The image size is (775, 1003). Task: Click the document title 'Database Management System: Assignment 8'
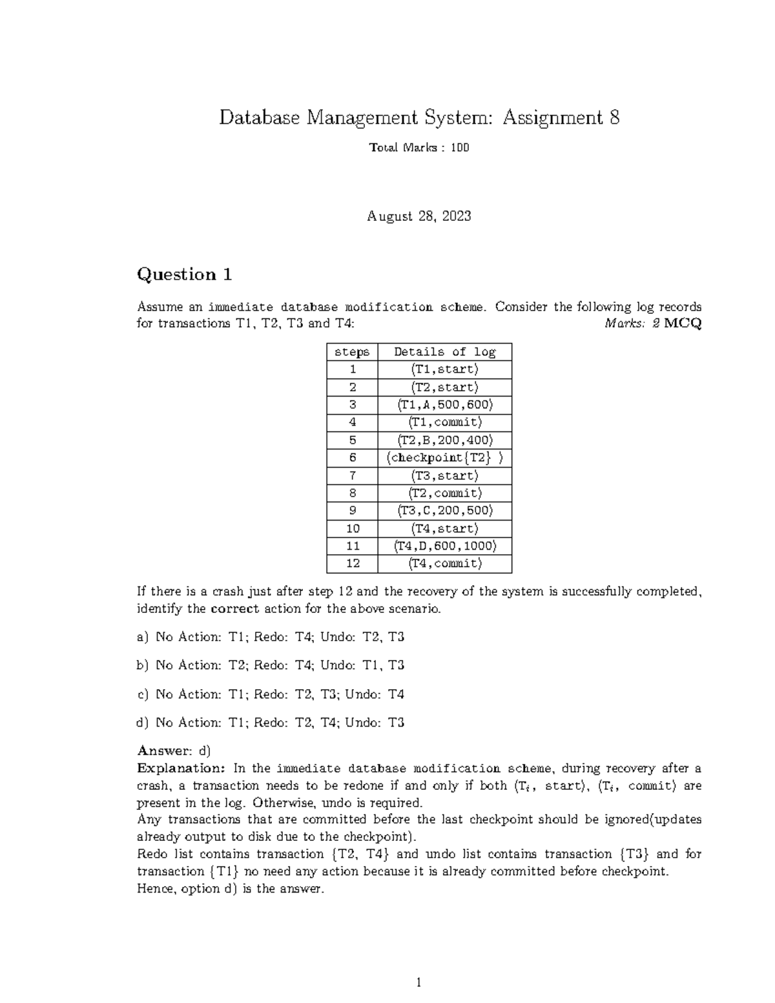(419, 118)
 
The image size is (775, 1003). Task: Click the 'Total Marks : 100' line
(419, 148)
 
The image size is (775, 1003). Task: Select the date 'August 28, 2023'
(419, 216)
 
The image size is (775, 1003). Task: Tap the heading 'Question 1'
(184, 274)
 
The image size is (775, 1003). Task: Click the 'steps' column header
(352, 352)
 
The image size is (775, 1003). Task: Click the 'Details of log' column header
(445, 352)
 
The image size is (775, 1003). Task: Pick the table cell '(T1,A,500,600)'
(445, 405)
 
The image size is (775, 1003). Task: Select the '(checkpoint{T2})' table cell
(445, 458)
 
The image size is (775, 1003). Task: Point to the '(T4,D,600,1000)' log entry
(445, 546)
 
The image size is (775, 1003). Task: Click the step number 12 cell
(353, 563)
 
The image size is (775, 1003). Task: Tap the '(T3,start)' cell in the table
(445, 475)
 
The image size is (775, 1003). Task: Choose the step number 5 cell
(353, 440)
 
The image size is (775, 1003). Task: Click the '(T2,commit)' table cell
(445, 493)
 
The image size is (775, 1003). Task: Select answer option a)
(271, 637)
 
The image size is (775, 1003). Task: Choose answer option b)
(271, 665)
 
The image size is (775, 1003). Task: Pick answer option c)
(271, 694)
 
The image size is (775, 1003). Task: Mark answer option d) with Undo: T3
(271, 723)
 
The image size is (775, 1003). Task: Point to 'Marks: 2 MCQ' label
(652, 324)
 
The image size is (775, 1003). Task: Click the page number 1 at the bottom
(418, 982)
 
